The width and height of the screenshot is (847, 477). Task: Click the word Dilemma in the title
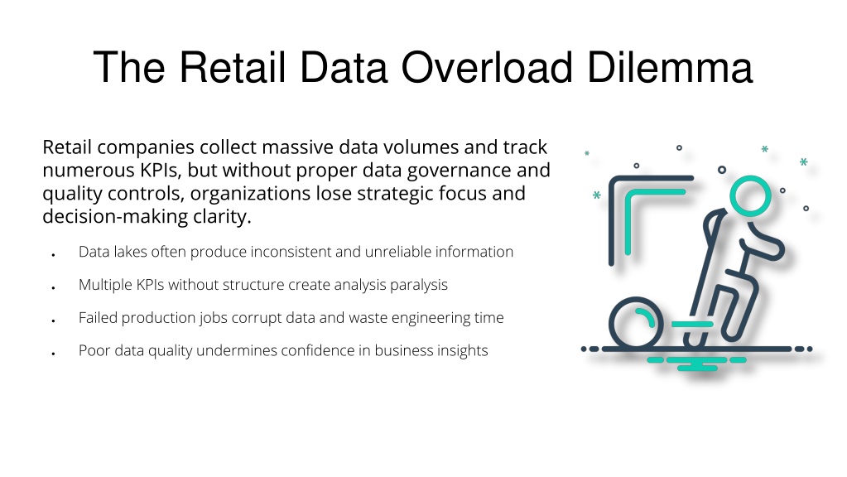pyautogui.click(x=670, y=67)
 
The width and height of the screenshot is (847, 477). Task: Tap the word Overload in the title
pyautogui.click(x=487, y=67)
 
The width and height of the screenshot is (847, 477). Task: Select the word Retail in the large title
pyautogui.click(x=232, y=67)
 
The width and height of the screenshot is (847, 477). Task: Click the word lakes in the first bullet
pyautogui.click(x=130, y=252)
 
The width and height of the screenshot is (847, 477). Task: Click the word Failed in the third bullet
pyautogui.click(x=98, y=318)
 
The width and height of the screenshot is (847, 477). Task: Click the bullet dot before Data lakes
pyautogui.click(x=54, y=255)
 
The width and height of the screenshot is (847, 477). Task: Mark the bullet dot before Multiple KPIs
pyautogui.click(x=54, y=288)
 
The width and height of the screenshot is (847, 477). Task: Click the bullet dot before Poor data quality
pyautogui.click(x=54, y=354)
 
